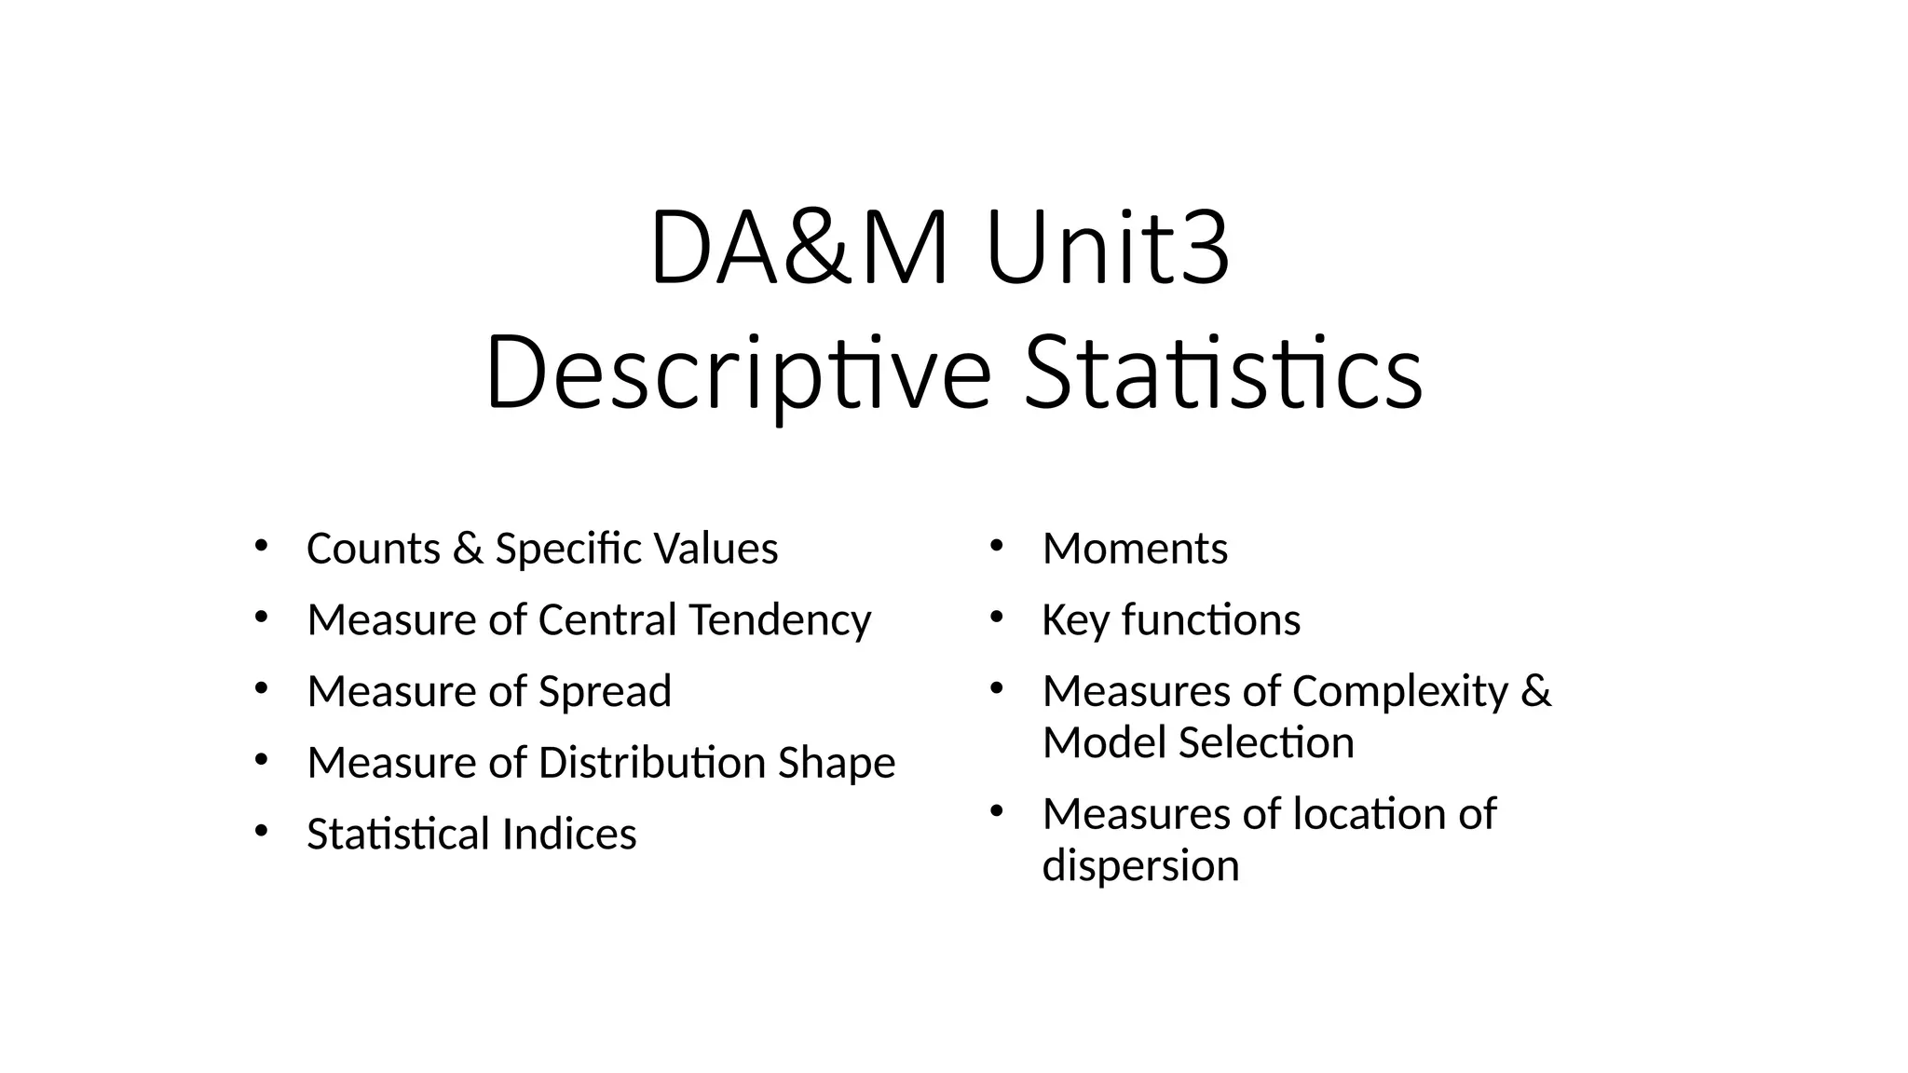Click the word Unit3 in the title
pos(1108,249)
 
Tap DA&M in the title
pos(799,249)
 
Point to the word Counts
pos(374,549)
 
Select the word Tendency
pos(780,620)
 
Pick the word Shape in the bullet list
pos(836,763)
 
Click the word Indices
pos(568,834)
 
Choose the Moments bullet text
pos(1135,549)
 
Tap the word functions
pos(1211,620)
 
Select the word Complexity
pos(1400,692)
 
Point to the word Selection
pos(1265,743)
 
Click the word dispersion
pos(1140,866)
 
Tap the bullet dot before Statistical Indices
pos(260,829)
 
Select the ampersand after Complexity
pos(1535,692)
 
